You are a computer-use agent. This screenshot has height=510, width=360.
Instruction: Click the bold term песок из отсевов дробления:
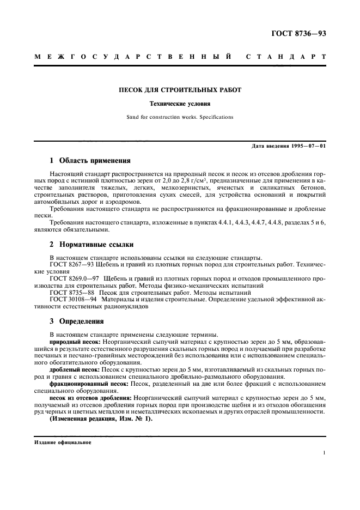click(x=90, y=397)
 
